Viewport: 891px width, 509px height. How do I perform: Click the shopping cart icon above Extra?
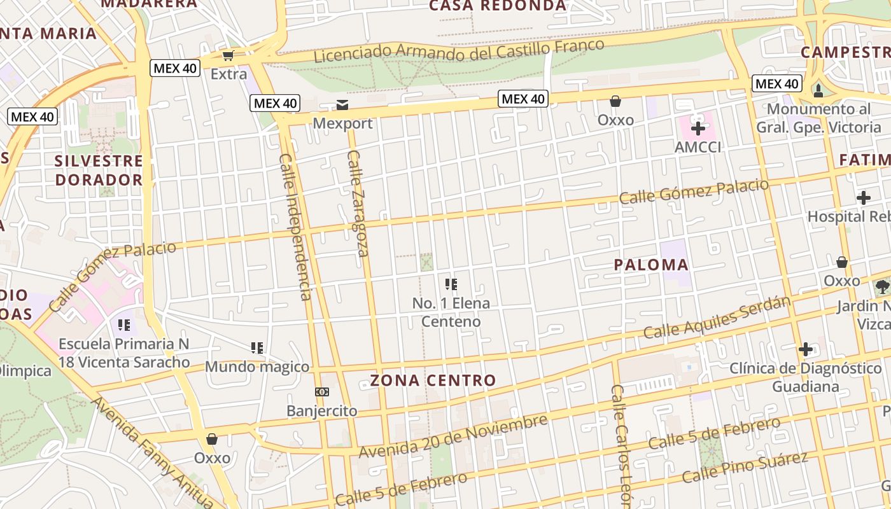(x=228, y=55)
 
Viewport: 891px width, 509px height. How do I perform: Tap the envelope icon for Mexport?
(x=342, y=104)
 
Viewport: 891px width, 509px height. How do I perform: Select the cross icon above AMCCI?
(x=698, y=129)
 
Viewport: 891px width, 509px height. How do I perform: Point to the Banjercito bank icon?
(x=321, y=392)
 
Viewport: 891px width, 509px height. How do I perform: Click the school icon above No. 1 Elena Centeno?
(x=451, y=284)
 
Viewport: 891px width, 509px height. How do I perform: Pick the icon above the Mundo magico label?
(x=257, y=348)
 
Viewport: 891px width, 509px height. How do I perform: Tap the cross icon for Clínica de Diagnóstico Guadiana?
(x=805, y=349)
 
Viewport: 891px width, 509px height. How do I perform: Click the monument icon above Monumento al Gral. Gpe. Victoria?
(x=818, y=90)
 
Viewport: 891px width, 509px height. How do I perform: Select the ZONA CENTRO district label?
(x=433, y=381)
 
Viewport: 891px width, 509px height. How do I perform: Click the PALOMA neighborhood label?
(x=651, y=265)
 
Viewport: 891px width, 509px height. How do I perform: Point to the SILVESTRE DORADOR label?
(x=99, y=170)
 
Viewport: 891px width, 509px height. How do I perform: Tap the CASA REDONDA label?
(x=497, y=6)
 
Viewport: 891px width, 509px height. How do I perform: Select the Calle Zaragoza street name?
(x=358, y=204)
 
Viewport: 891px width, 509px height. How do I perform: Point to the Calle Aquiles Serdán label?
(x=717, y=318)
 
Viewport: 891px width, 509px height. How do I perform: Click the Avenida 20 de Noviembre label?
(x=453, y=436)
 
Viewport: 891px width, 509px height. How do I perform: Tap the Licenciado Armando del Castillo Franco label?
(x=459, y=50)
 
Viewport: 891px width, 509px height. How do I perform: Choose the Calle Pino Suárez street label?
(x=745, y=467)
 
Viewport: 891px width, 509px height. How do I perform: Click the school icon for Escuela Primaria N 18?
(x=124, y=325)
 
